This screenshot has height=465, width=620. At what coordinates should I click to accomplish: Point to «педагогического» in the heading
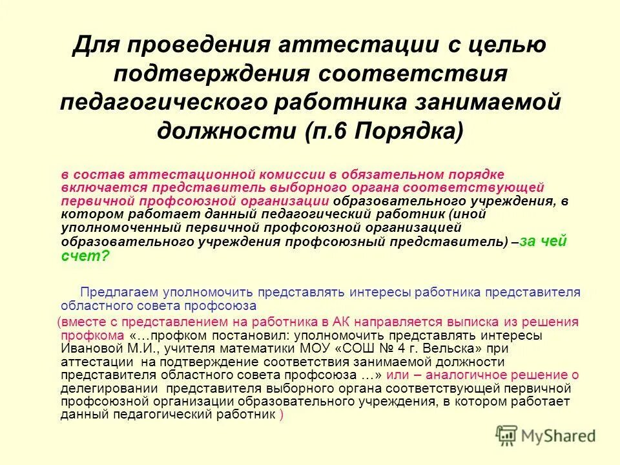click(163, 103)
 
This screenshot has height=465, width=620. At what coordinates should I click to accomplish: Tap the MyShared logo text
click(559, 437)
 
